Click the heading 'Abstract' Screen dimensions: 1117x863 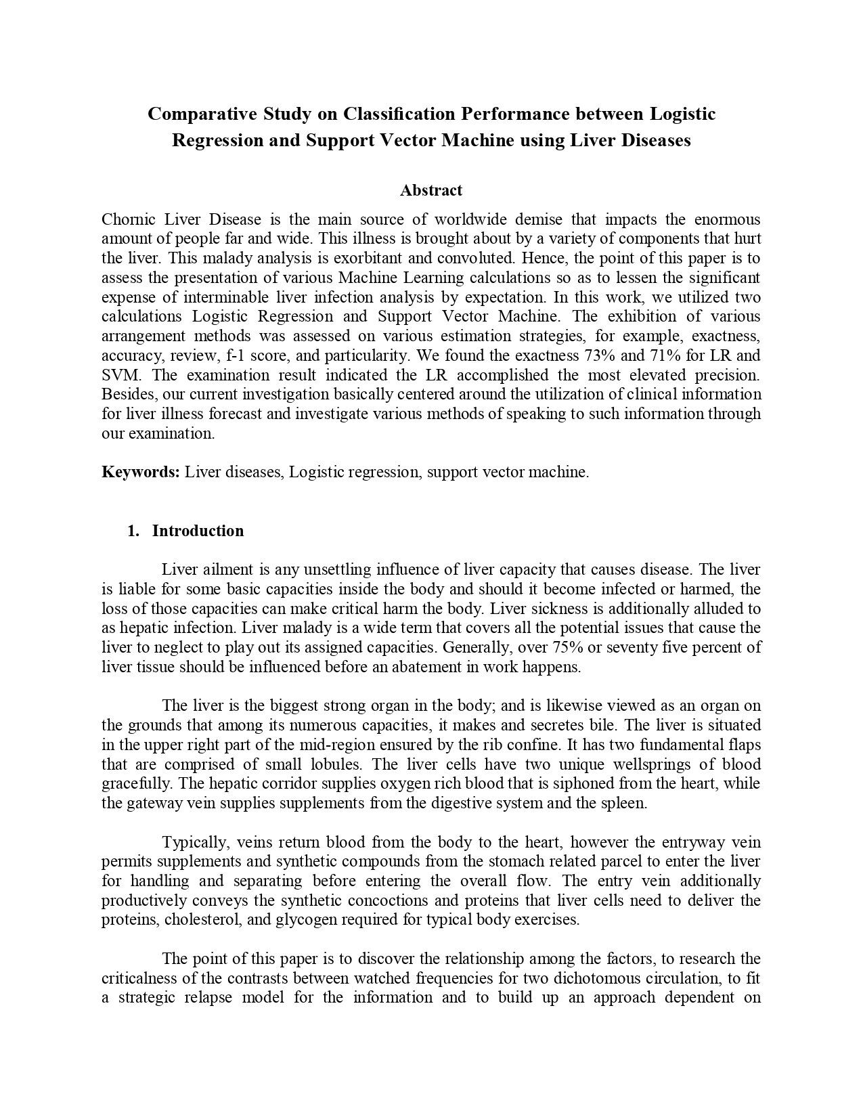[431, 190]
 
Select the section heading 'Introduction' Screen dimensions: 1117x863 [198, 531]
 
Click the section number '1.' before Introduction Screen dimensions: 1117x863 [133, 531]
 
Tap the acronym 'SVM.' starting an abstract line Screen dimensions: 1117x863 [120, 375]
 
